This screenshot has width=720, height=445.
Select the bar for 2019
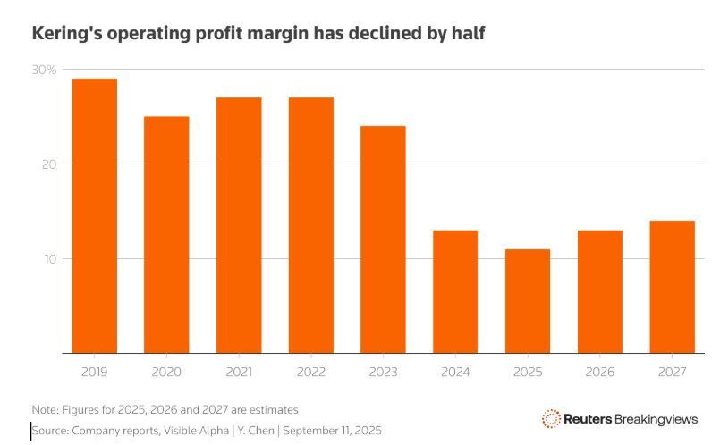94,215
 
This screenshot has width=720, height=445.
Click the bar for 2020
166,234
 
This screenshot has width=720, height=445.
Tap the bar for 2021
239,225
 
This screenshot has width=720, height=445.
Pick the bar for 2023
383,239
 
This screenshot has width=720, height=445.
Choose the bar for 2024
455,291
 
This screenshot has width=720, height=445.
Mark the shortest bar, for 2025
528,301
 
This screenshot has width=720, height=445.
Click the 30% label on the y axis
44,70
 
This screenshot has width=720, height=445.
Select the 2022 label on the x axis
310,368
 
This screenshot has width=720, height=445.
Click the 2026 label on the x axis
599,368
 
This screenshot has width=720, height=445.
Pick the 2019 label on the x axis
94,368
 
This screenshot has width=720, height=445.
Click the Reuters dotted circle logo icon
551,418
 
